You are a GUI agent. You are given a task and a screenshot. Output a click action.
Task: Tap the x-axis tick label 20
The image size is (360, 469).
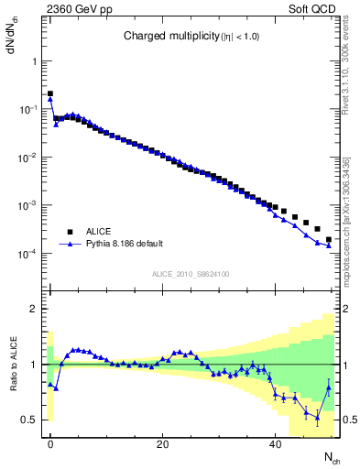coord(162,444)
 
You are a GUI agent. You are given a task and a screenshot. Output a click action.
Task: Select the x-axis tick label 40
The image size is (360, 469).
coord(275,444)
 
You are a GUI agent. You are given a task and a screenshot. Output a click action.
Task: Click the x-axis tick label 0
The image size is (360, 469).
coord(50,444)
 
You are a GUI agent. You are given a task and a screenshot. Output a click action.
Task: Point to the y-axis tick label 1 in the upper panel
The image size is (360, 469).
coord(34,61)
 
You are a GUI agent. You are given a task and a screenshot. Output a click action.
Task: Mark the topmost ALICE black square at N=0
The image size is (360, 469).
coord(50,93)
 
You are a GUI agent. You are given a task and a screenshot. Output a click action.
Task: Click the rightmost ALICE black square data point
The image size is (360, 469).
coord(329,240)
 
